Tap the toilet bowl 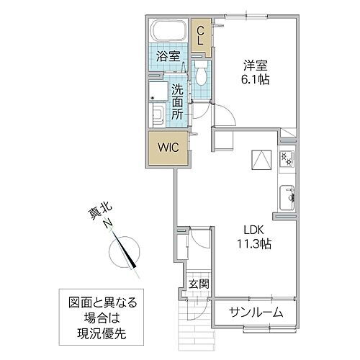pos(202,74)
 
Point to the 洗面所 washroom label pos(178,102)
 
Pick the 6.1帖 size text pos(254,80)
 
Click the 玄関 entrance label pos(198,284)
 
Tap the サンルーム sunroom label pos(256,312)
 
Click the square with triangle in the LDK pos(258,159)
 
